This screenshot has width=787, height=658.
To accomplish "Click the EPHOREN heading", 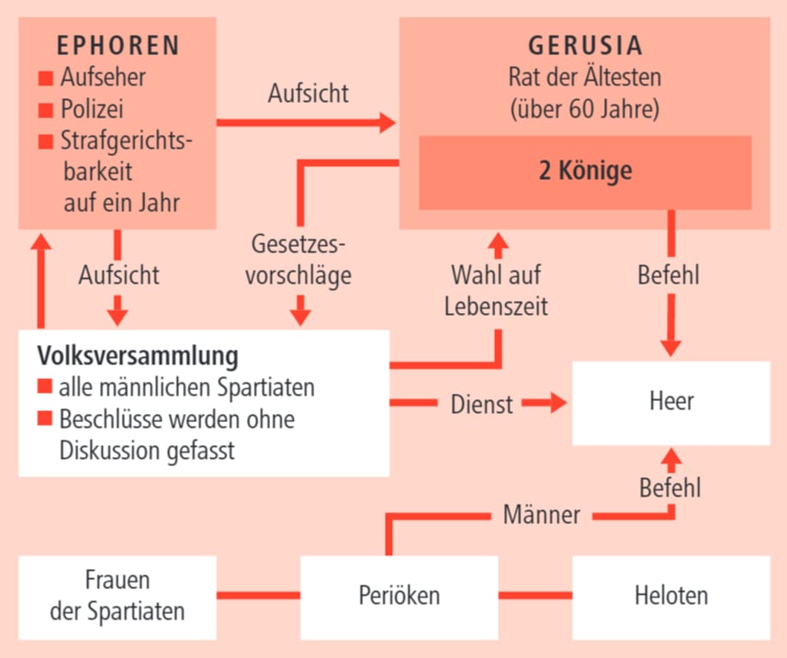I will point(118,46).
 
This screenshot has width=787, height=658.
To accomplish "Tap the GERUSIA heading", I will point(584,46).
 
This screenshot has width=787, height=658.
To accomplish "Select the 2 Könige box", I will point(584,172).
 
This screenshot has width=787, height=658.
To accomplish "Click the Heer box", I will point(670,402).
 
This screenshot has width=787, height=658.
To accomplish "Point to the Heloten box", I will point(670,596).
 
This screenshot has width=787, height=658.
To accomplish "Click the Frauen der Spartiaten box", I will point(117,596).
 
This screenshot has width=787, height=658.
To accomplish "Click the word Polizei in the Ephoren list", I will point(92,109).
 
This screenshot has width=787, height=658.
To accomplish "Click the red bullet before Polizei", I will point(46,110).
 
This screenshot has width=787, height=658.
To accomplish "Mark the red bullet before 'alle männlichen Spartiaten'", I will point(44,387).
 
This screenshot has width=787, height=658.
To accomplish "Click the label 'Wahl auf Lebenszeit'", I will point(496,290).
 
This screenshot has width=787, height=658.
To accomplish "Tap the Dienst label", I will point(481,403).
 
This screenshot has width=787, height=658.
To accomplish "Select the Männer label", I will point(542,515).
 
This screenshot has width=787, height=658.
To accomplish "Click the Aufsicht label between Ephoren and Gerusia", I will point(308,93).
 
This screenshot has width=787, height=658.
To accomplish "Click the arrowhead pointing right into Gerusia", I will point(385,121).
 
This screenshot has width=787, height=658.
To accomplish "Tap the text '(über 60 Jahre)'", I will point(584,109).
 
